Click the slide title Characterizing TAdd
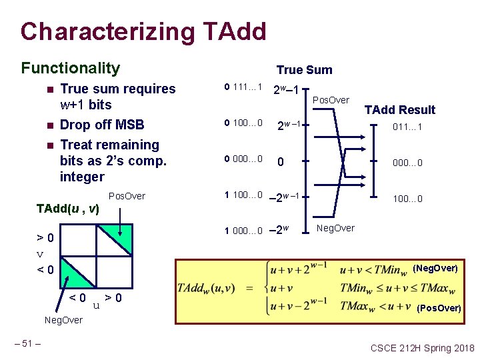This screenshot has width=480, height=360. pos(143,31)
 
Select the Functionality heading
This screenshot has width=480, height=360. pos(71,68)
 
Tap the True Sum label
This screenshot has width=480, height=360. pos(304,70)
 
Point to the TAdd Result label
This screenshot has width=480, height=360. pos(399,110)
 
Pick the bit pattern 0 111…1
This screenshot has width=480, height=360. pos(244,87)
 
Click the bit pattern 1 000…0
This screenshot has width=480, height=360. pos(244,231)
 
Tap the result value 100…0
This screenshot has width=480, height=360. pos(407,199)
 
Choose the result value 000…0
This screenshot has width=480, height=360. pos(407,163)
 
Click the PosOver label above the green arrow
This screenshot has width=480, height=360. pos(127,196)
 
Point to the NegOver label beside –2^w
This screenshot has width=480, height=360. pos(336,228)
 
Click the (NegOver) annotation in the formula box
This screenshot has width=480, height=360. pos(435,268)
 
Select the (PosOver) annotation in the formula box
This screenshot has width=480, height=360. pos(438,308)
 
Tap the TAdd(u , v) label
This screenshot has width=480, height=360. pos(67,209)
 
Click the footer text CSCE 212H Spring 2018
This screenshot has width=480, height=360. pos(422,348)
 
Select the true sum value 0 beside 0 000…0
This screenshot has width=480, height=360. pos(281,162)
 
